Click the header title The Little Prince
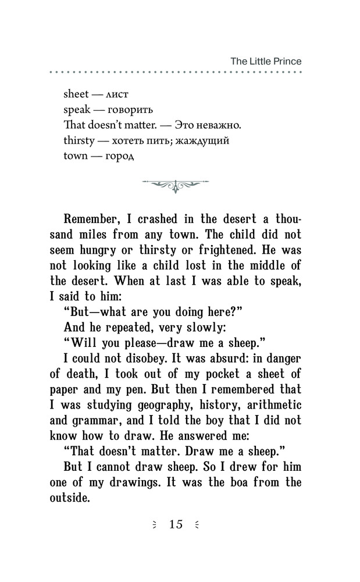pyautogui.click(x=266, y=61)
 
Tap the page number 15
pyautogui.click(x=176, y=524)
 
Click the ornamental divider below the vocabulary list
pyautogui.click(x=176, y=185)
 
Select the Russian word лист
pyautogui.click(x=118, y=94)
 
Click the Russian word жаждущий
pyautogui.click(x=206, y=140)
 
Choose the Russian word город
pyautogui.click(x=120, y=156)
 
